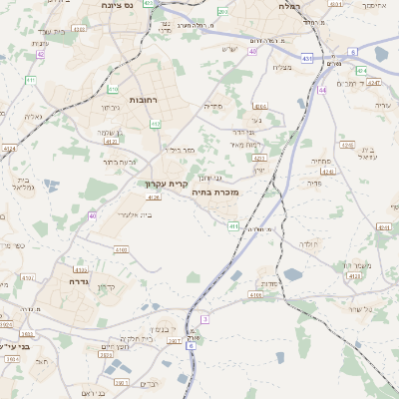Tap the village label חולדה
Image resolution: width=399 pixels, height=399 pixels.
tap(305, 243)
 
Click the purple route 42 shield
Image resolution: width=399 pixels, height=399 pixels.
tap(40, 55)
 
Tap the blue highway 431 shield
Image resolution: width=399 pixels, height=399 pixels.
tap(306, 59)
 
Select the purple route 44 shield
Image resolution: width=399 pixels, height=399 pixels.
tap(322, 90)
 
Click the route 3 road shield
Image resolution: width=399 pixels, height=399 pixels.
tap(204, 319)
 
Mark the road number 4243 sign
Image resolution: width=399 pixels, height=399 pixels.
tap(347, 145)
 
